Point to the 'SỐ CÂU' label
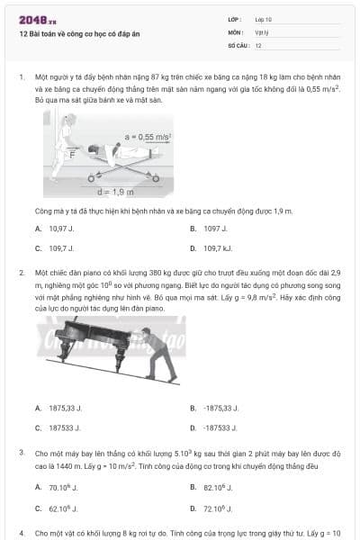coord(238,44)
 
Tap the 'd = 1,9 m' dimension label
coord(115,191)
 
